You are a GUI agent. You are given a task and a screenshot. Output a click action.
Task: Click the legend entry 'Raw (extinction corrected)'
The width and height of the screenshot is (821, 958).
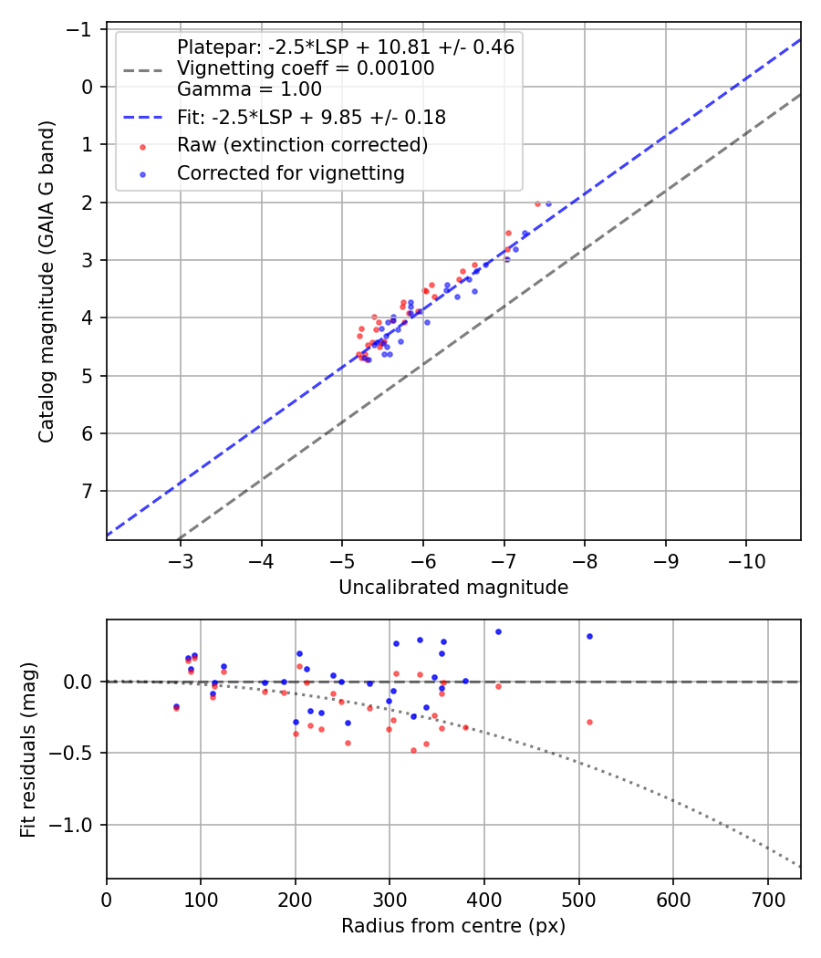302,145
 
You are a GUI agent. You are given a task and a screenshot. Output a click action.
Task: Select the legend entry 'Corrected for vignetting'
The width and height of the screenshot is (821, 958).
290,172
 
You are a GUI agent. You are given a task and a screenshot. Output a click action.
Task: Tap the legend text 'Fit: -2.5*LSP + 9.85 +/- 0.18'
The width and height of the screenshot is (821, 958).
311,118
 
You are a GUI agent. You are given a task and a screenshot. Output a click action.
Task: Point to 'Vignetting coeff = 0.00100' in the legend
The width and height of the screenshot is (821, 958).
306,68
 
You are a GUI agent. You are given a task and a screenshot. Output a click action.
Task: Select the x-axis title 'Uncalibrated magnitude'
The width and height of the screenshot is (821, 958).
453,588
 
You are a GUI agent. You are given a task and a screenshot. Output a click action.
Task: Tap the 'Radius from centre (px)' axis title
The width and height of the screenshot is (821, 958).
453,926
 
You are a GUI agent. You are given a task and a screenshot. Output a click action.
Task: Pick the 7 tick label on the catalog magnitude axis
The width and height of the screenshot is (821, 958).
87,492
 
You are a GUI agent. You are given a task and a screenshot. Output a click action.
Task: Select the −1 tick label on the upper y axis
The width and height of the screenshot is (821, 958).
79,29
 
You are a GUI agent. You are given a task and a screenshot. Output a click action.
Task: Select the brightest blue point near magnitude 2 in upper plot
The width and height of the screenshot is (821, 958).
548,203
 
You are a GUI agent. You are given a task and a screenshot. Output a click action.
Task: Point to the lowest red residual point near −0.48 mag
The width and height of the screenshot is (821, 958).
413,750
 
